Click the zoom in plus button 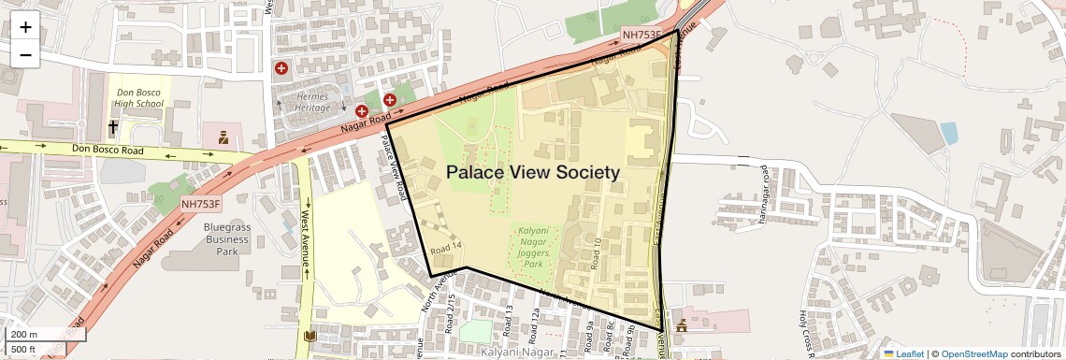pyautogui.click(x=25, y=26)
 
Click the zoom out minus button pyautogui.click(x=25, y=54)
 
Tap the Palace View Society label pyautogui.click(x=533, y=172)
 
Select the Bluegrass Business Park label pyautogui.click(x=226, y=238)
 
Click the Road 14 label pyautogui.click(x=446, y=249)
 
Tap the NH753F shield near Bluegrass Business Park pyautogui.click(x=201, y=203)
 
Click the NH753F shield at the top pyautogui.click(x=642, y=36)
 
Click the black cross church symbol pyautogui.click(x=113, y=126)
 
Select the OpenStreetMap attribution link pyautogui.click(x=973, y=353)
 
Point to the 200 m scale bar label pyautogui.click(x=24, y=334)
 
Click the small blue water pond pyautogui.click(x=948, y=133)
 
